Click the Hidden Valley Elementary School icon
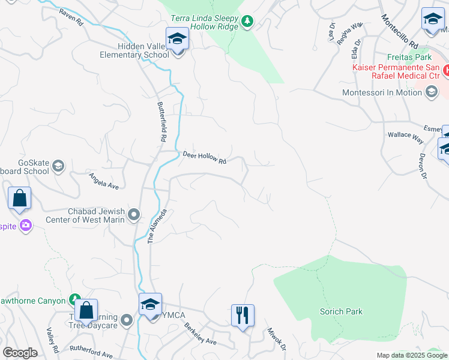[x=177, y=40]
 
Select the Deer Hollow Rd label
[x=204, y=158]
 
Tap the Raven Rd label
[x=71, y=17]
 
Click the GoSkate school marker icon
[x=58, y=166]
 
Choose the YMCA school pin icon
[x=150, y=304]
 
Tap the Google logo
[x=20, y=353]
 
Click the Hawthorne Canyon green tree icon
[x=74, y=299]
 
